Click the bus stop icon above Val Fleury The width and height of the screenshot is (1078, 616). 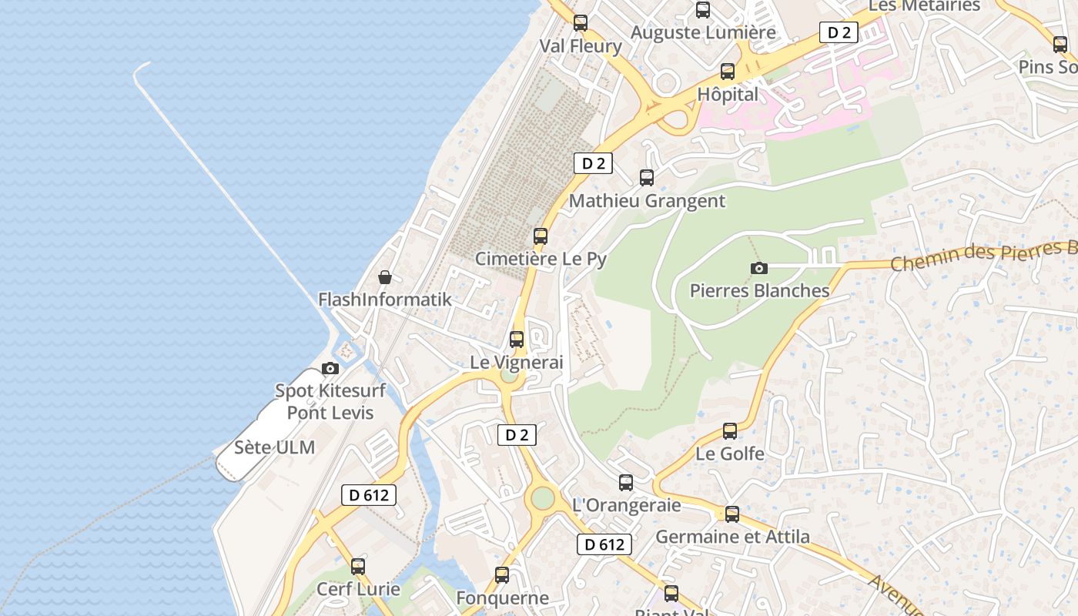(581, 23)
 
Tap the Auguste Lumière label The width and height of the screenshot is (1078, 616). (703, 32)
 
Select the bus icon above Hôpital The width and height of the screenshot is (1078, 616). (728, 72)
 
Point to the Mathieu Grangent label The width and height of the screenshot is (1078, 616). (647, 201)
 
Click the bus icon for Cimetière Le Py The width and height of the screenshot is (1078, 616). (541, 236)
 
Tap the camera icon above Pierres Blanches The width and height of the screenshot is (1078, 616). (759, 268)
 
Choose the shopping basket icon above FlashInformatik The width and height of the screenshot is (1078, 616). (385, 277)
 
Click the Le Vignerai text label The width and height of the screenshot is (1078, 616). (517, 362)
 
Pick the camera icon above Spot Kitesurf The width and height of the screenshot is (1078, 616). (330, 368)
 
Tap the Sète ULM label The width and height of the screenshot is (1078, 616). (275, 447)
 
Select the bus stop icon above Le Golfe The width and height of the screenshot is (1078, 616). (730, 431)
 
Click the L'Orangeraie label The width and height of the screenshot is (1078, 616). (627, 505)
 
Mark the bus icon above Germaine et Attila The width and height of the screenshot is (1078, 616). (732, 514)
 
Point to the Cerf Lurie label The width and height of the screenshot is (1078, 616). (358, 589)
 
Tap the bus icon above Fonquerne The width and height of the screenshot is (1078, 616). (502, 574)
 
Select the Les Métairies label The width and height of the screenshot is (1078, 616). (924, 6)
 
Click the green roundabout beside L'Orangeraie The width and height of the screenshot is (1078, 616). (542, 498)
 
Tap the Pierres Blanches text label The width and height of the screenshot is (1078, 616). (759, 290)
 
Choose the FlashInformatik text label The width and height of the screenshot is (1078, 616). (385, 300)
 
